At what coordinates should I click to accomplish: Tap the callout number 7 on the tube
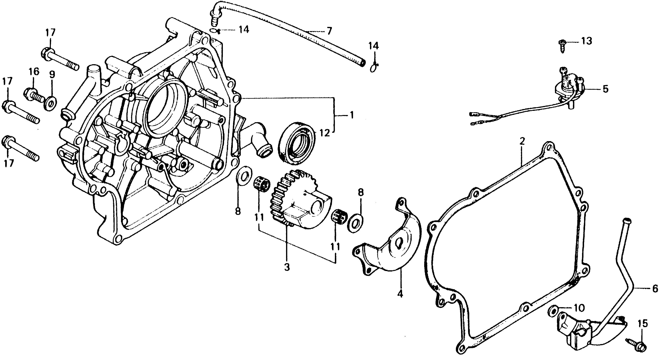(329, 31)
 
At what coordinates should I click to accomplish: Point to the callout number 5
(605, 89)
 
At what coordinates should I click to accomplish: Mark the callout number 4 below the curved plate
(400, 294)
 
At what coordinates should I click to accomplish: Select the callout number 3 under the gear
(287, 267)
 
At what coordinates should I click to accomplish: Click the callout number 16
(34, 72)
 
